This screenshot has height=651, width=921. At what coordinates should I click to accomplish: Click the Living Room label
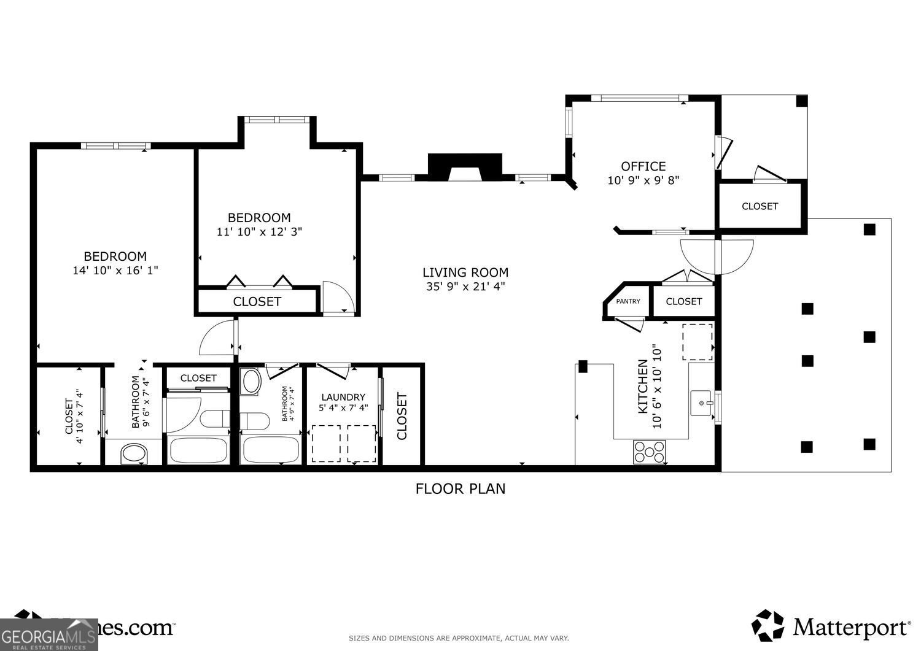click(x=465, y=272)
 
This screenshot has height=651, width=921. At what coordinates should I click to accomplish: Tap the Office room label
click(x=643, y=166)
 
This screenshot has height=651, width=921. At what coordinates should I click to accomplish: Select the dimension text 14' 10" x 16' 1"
click(x=115, y=270)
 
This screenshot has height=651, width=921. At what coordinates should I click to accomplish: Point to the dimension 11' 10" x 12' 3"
click(x=259, y=232)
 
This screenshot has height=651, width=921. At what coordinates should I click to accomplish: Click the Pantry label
click(x=628, y=301)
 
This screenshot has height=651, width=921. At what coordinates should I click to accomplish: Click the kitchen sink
click(x=701, y=403)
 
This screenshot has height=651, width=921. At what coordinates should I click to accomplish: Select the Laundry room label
click(x=343, y=397)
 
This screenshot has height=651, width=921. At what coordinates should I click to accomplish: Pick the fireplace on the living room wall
click(x=465, y=167)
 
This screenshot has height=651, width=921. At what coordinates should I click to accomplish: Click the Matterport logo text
click(x=850, y=628)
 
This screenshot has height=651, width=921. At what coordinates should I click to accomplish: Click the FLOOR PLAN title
click(x=460, y=488)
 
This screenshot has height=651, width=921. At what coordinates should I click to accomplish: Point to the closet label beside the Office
click(x=760, y=206)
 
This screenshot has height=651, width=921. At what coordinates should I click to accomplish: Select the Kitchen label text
click(x=643, y=387)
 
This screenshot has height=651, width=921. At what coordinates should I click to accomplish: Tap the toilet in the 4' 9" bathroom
click(x=254, y=421)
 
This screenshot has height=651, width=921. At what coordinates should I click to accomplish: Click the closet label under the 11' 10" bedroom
click(x=257, y=301)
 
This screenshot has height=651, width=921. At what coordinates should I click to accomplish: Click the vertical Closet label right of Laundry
click(x=402, y=417)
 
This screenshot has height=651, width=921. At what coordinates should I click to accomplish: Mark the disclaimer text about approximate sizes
click(x=459, y=638)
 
